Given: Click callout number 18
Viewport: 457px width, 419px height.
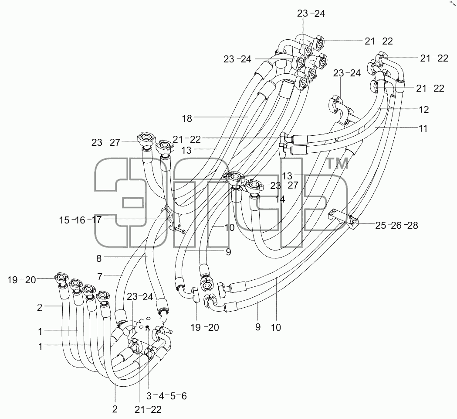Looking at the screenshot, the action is [187, 118].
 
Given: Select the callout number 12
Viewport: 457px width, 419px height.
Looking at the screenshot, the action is [423, 110].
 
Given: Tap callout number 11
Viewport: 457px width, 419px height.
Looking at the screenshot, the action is [423, 128].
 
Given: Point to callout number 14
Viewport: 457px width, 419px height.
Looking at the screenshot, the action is [280, 199].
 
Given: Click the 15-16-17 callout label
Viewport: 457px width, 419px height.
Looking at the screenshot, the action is [81, 220].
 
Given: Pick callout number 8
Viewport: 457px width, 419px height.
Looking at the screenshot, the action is [99, 258].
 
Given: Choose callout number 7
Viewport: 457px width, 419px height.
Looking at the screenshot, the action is [100, 277].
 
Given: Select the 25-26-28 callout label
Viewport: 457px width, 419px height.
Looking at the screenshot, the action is [397, 225].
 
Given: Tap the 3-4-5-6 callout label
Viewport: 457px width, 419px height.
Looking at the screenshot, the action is [166, 396].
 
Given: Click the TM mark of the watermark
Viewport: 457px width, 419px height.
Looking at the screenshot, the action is [337, 164].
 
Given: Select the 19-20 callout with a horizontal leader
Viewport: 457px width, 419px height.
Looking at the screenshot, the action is [22, 280].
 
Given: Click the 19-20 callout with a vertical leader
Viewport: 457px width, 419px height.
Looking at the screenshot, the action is [205, 328].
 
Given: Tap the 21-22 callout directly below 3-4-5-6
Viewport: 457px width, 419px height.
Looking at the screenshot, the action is [148, 410].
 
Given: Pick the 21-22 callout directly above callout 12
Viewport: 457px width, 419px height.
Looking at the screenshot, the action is [430, 88].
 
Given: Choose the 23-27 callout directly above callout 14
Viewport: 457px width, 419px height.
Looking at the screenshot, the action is [284, 185].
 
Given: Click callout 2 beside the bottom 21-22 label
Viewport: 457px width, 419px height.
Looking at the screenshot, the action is [115, 409].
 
